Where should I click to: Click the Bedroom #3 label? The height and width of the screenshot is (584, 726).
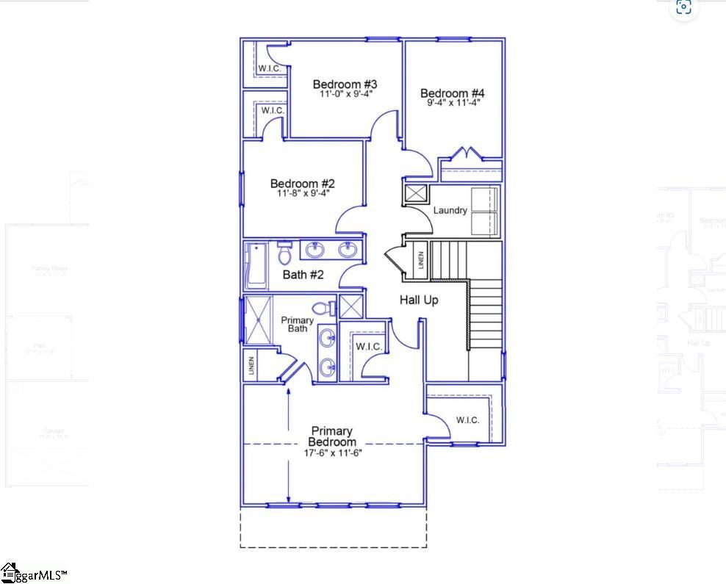tap(345, 84)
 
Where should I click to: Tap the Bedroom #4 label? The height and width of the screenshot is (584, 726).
tap(453, 93)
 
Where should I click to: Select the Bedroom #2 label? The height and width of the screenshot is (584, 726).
tap(303, 184)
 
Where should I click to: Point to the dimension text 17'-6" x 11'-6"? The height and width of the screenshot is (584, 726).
tap(334, 453)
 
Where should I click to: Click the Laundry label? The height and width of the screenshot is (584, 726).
tap(450, 211)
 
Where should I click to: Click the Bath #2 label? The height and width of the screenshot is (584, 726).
tap(303, 275)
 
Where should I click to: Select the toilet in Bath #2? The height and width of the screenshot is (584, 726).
tap(285, 253)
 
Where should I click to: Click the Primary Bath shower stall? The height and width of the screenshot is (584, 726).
tap(258, 320)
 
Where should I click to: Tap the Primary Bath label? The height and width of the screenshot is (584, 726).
tap(298, 324)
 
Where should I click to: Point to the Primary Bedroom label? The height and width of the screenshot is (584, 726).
tap(332, 436)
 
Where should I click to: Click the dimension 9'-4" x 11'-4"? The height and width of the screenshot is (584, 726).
tap(453, 104)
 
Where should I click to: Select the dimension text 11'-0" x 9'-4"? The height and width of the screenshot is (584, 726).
tap(345, 94)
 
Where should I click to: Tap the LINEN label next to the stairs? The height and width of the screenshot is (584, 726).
tap(421, 259)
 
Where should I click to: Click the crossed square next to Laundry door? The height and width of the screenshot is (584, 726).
tap(415, 194)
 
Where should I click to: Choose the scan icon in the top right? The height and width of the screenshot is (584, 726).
tap(683, 7)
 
